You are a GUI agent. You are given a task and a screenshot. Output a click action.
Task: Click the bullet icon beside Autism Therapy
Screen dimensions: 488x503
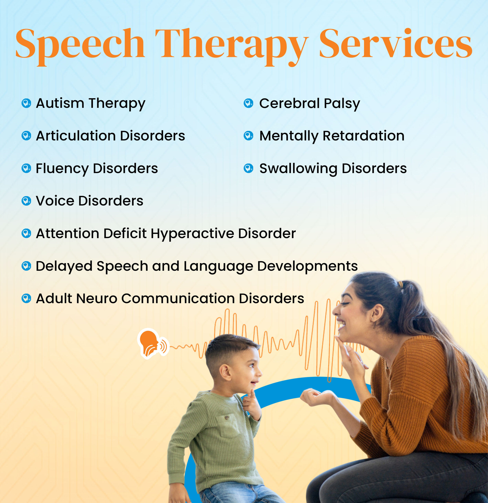coord(26,103)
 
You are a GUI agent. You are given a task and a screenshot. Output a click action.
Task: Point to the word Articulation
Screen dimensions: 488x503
coord(76,136)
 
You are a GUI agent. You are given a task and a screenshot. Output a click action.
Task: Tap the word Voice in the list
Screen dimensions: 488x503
coord(55,201)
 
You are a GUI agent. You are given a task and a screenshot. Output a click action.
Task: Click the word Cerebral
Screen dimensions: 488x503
coord(289,103)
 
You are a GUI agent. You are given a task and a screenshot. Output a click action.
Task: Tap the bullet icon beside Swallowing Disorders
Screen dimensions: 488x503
coord(248,168)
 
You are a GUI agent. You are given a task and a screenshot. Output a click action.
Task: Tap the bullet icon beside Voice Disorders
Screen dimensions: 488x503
coord(26,201)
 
